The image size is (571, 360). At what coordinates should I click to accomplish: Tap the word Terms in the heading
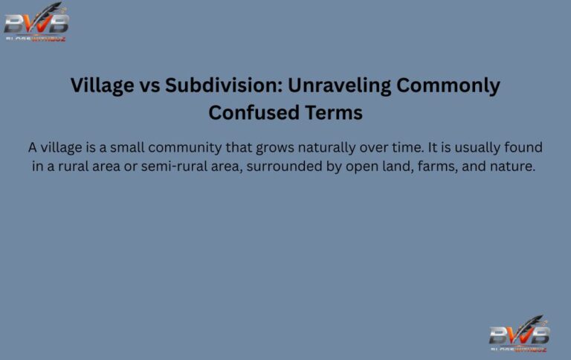(x=334, y=113)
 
